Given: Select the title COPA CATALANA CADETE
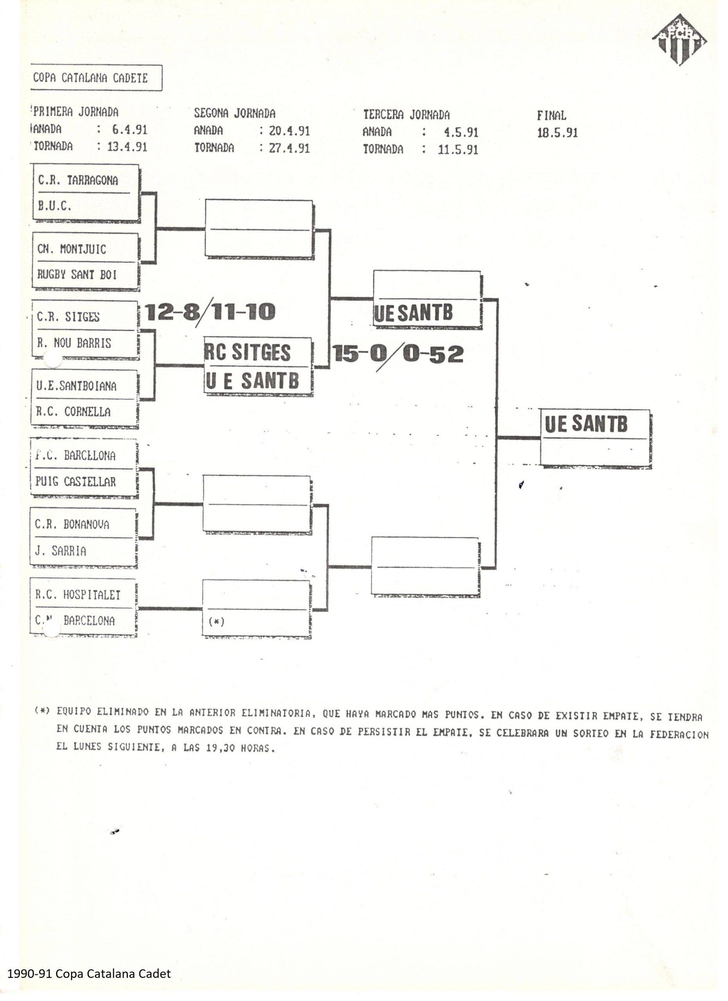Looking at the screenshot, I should click(90, 78).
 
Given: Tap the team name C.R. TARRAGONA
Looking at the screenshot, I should click(78, 180).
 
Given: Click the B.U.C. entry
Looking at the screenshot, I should click(54, 206).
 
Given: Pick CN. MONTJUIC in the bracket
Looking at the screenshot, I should click(72, 249).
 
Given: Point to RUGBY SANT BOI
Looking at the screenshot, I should click(77, 274).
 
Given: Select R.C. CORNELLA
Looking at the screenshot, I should click(73, 412).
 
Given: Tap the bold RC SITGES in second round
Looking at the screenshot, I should click(247, 352).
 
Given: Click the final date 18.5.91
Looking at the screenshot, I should click(557, 133).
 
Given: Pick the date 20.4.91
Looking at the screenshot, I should click(289, 131).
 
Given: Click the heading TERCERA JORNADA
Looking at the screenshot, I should click(406, 115).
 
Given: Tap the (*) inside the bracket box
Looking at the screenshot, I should click(216, 621).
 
